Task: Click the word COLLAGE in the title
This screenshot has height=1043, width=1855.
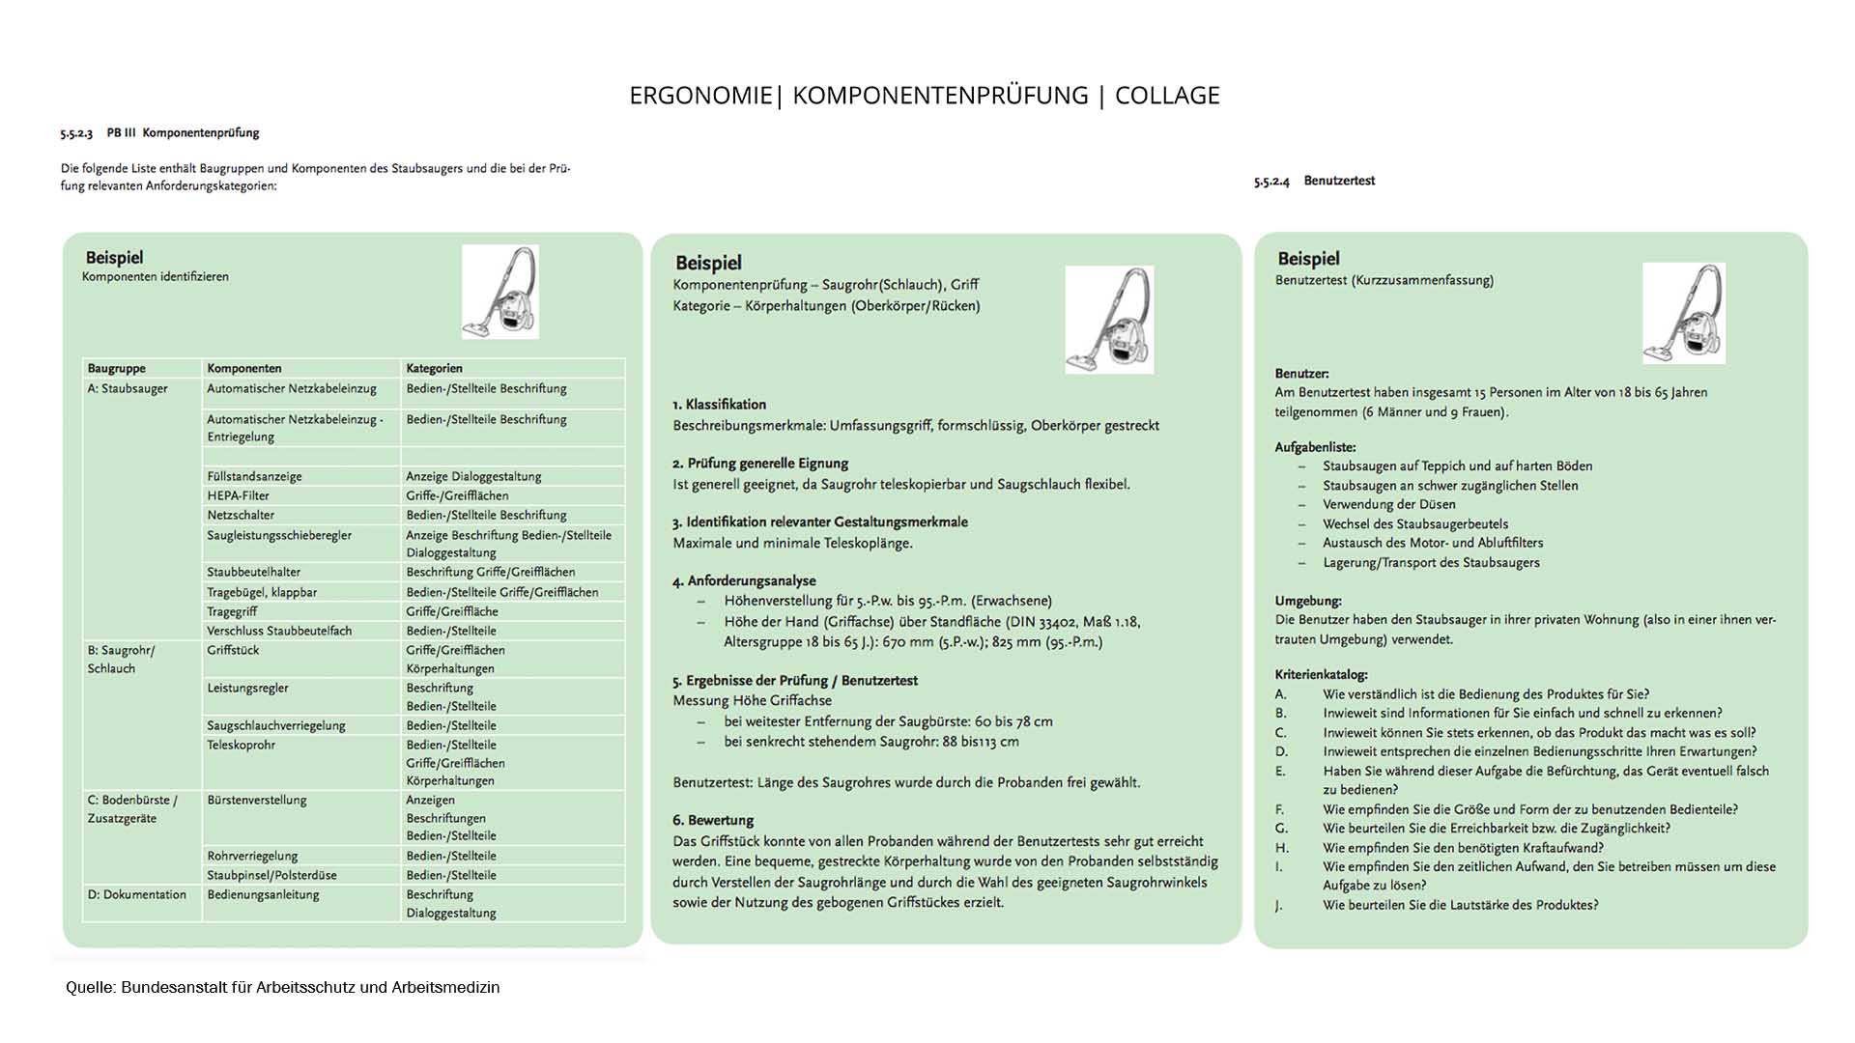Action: click(1167, 96)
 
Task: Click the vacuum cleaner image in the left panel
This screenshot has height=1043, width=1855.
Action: click(500, 292)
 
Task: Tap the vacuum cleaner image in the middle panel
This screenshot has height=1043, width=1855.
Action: click(1109, 320)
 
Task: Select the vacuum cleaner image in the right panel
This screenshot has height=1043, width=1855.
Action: click(1684, 313)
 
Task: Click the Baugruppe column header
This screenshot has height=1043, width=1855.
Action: click(116, 368)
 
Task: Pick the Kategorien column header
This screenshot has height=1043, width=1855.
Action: click(434, 368)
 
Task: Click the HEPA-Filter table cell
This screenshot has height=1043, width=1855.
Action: click(238, 495)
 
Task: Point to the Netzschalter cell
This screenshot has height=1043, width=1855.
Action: click(241, 515)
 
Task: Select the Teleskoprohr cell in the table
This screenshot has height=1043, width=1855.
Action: click(241, 745)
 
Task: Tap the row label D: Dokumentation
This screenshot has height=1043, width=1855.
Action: click(136, 894)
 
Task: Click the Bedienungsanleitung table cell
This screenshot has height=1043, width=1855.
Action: click(263, 894)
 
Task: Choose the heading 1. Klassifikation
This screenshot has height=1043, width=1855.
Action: click(719, 405)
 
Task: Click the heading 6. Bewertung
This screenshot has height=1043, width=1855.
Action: click(713, 820)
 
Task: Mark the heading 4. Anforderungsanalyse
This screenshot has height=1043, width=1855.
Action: click(744, 580)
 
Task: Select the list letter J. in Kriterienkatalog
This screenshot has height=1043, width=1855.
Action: click(1279, 905)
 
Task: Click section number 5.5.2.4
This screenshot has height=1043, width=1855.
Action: click(1271, 182)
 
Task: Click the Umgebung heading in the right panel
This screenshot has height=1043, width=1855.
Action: click(1307, 600)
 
